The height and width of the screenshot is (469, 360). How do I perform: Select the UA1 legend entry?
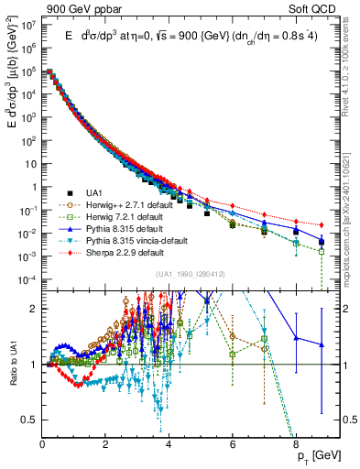[x=93, y=191]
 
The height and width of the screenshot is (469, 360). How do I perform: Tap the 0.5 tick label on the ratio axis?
[x=29, y=420]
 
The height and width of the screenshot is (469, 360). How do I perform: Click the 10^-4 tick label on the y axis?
[x=28, y=279]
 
